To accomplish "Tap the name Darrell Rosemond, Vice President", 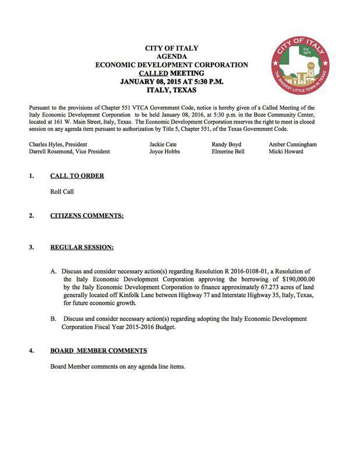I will pos(69,151).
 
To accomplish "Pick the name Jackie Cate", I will pos(163,144).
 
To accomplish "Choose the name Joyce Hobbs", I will pos(165,151).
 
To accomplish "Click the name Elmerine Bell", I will pos(228,151).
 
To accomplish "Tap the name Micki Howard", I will pos(286,151).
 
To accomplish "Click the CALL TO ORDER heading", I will pos(77,175).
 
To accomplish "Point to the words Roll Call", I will pos(62,192).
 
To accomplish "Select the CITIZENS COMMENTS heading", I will pos(87,216).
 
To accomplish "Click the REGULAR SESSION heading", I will pos(82,248).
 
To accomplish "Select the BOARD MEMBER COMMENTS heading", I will pos(98,351).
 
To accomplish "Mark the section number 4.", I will pos(31,351).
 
